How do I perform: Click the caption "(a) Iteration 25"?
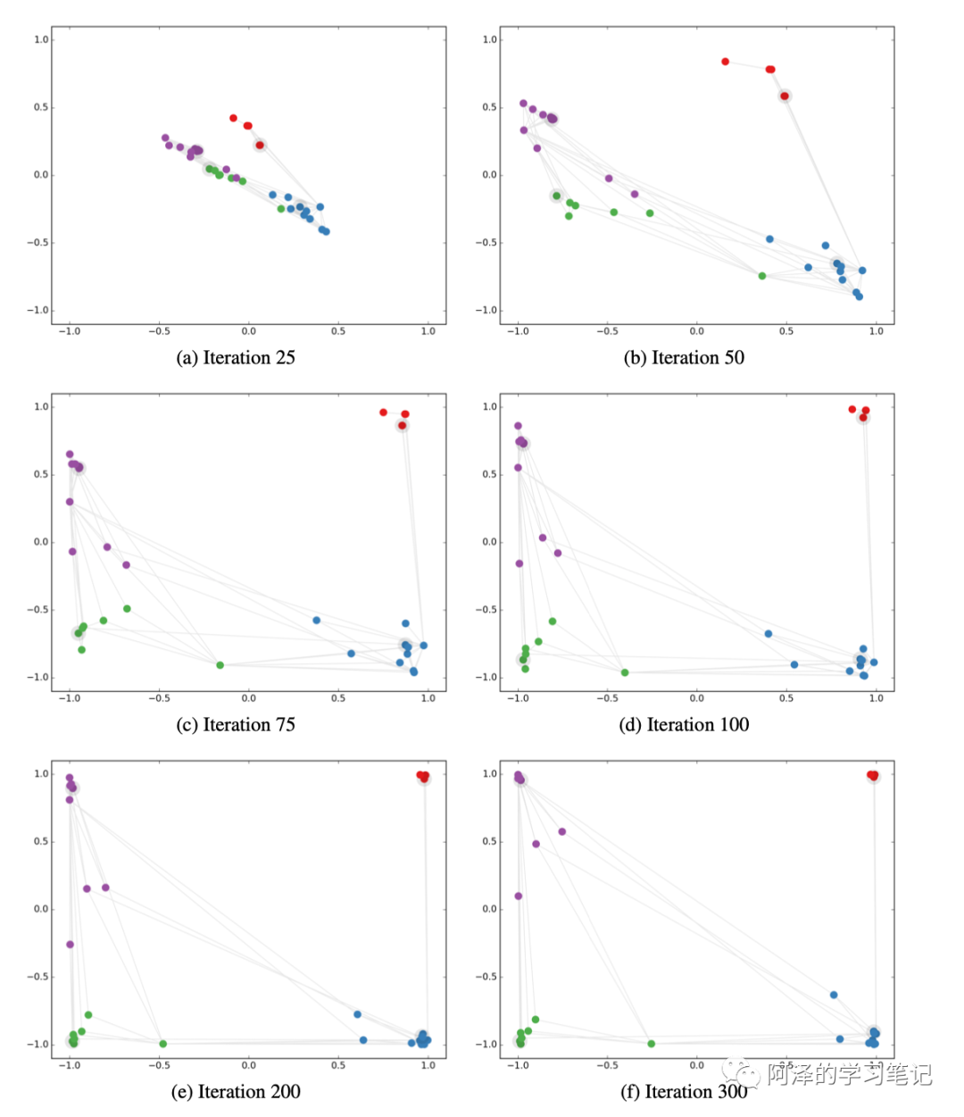pos(236,358)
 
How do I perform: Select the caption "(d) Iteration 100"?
pos(684,725)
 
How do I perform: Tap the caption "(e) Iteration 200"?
pos(236,1092)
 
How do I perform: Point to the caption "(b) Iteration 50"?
pos(684,358)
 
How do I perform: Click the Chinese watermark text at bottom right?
pos(849,1074)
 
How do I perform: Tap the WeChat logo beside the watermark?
pos(742,1071)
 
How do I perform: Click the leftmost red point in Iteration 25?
pos(234,118)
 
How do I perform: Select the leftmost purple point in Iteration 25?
pos(165,138)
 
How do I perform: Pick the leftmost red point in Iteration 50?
pos(726,62)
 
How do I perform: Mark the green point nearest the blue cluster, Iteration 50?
pos(762,276)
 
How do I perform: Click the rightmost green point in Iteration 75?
pos(220,665)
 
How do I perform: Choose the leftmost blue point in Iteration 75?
pos(317,621)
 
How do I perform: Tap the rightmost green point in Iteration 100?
pos(625,672)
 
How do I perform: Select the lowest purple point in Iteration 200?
pos(71,945)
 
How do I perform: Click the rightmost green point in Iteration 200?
pos(163,1044)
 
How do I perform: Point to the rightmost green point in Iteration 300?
pos(652,1044)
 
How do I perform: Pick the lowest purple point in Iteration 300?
pos(519,896)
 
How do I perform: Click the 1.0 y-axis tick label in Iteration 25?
pos(41,39)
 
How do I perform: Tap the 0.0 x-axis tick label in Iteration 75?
pos(249,698)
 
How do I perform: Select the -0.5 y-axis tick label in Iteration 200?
pos(39,977)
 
